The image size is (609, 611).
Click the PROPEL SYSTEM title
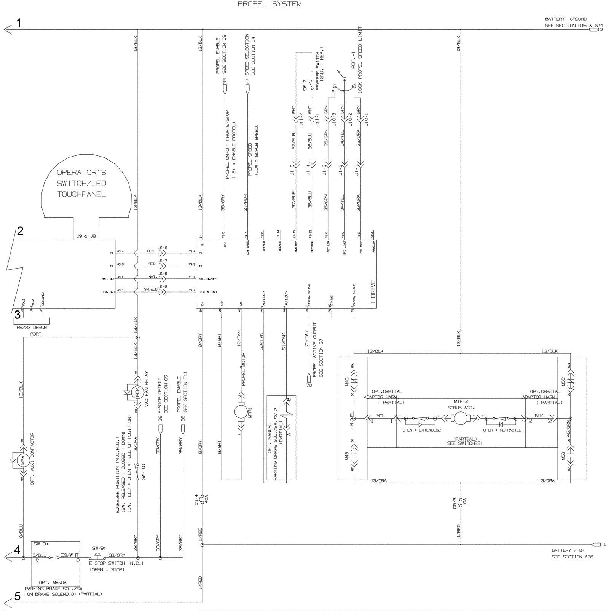click(269, 4)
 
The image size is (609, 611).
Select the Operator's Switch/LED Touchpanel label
click(81, 183)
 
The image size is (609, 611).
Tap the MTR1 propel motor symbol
click(241, 412)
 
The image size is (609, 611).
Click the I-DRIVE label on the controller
click(373, 293)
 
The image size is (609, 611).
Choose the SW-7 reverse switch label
click(305, 85)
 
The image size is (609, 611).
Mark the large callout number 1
click(19, 23)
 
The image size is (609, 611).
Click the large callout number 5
click(18, 596)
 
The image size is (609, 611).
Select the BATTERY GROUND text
click(566, 19)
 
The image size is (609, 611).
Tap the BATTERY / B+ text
click(568, 550)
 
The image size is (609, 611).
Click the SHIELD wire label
click(151, 289)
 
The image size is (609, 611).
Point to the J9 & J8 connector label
click(86, 236)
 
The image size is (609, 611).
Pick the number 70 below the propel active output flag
click(309, 385)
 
